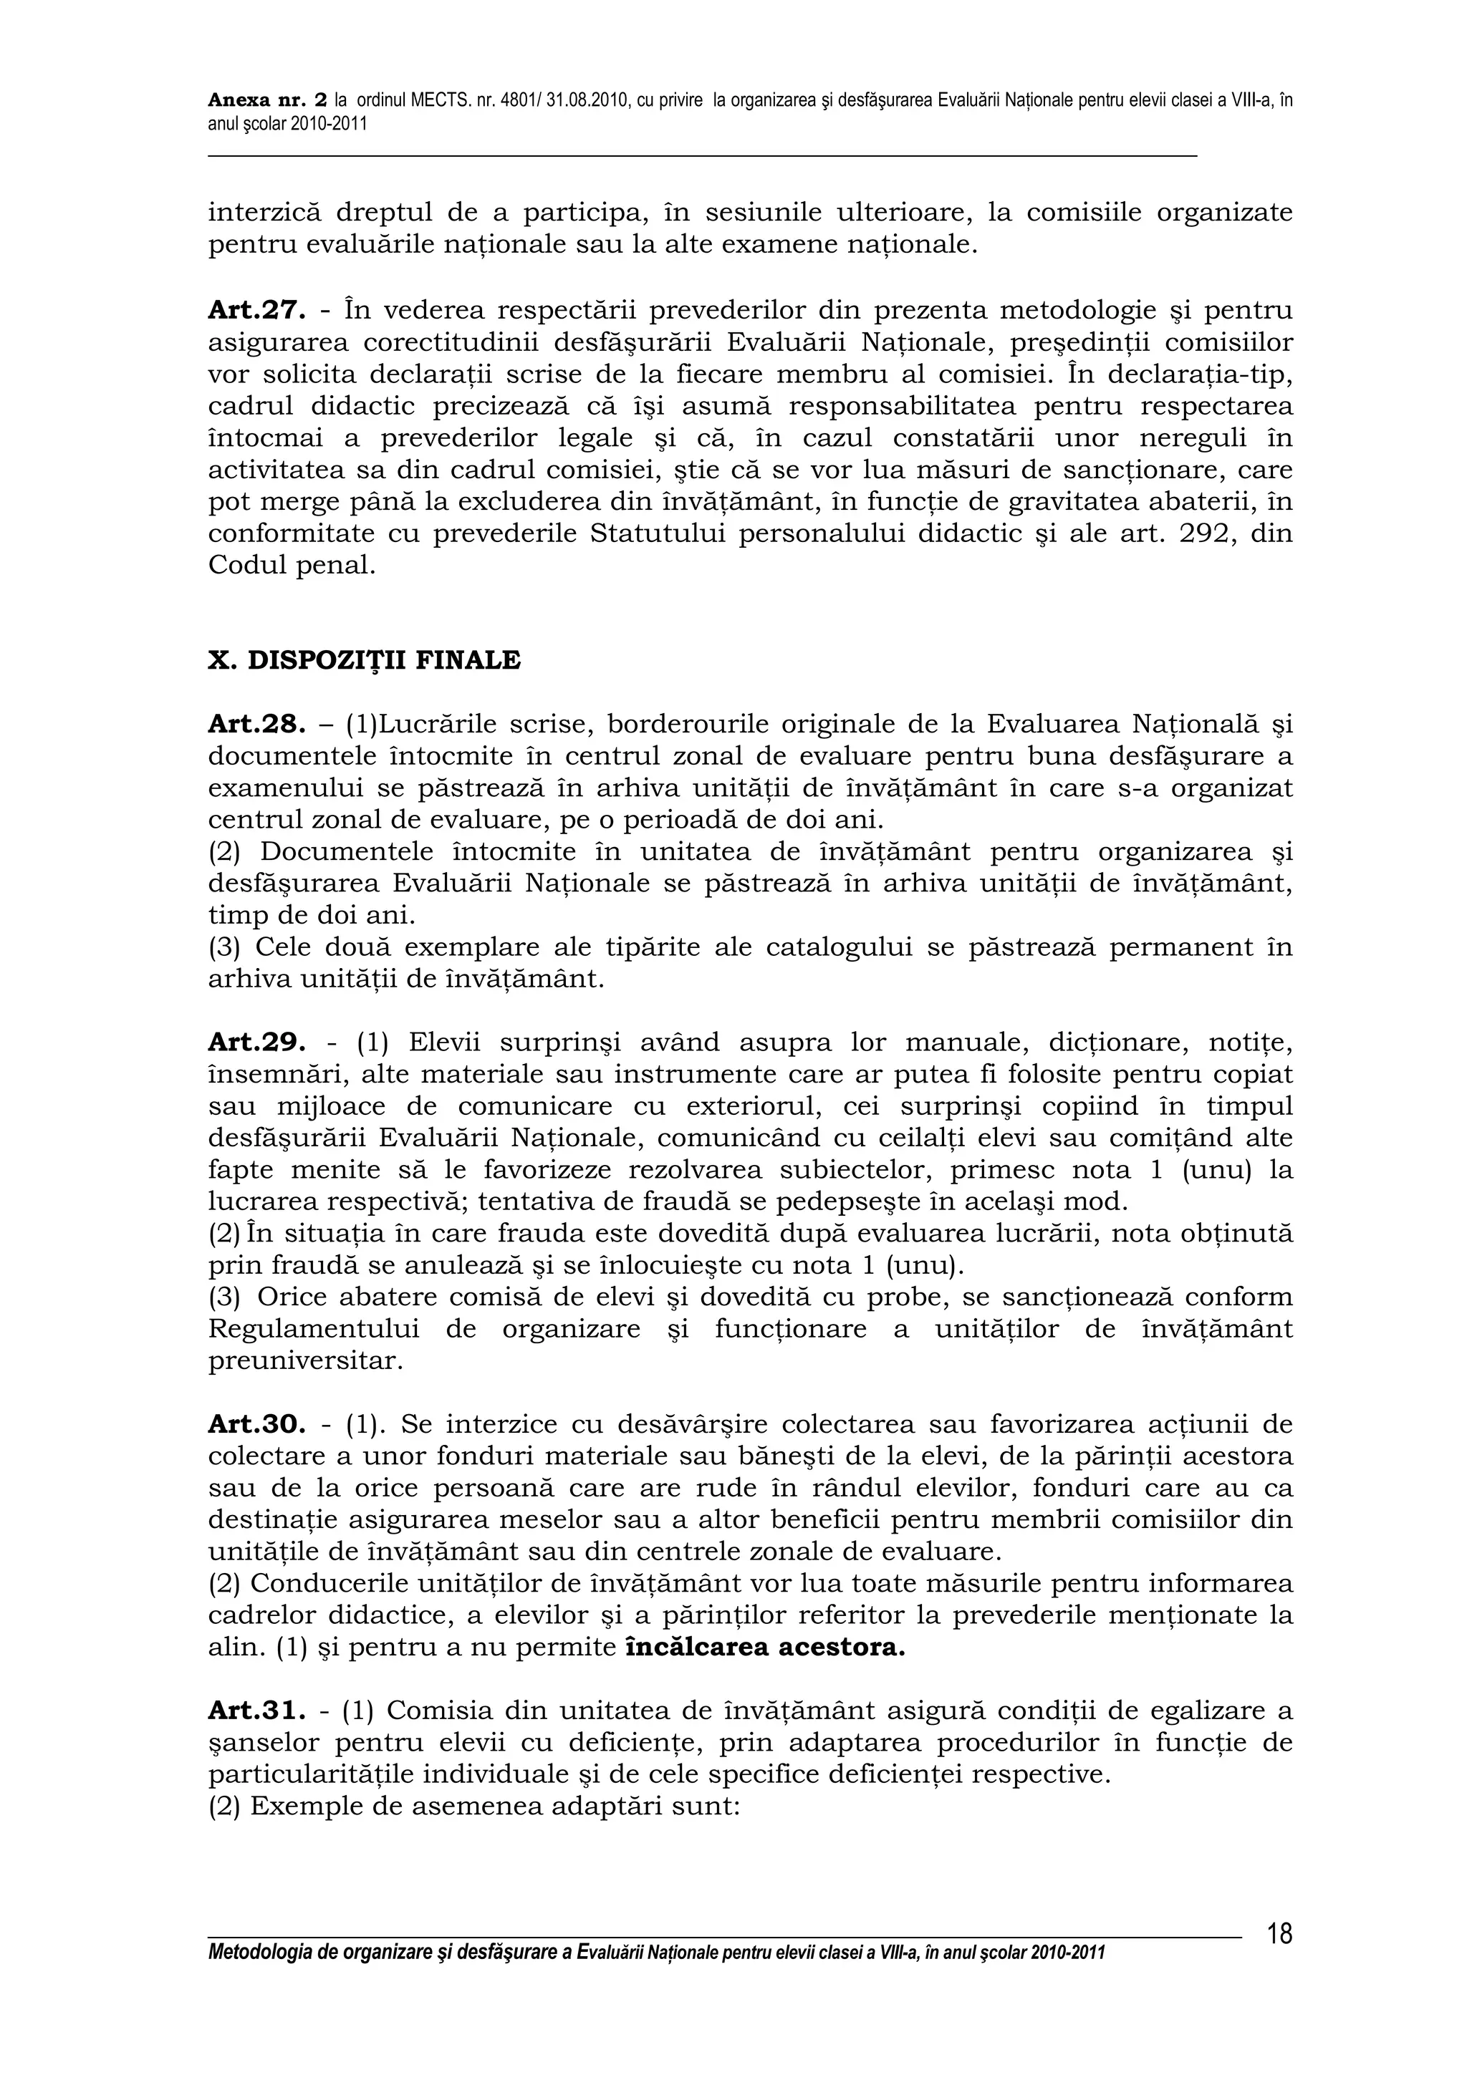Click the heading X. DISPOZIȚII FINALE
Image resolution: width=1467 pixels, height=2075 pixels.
365,661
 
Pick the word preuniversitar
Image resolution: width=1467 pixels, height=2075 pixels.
304,1361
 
